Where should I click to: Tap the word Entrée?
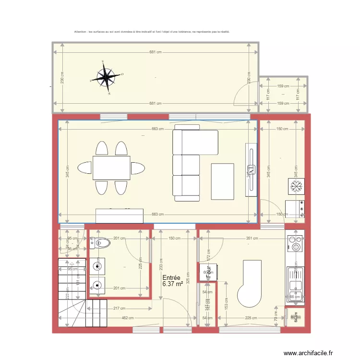(x=171, y=278)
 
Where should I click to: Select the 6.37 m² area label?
(x=173, y=284)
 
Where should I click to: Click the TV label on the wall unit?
(x=250, y=169)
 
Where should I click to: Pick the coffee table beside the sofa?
(x=223, y=181)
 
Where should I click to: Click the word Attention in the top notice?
(x=80, y=32)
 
